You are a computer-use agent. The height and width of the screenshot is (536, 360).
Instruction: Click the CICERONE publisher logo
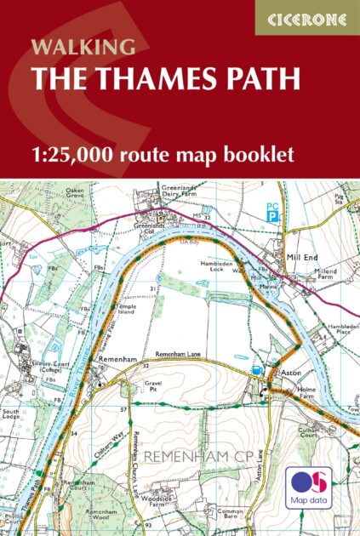pyautogui.click(x=307, y=17)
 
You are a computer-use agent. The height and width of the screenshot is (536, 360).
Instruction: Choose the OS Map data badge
pyautogui.click(x=309, y=486)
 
